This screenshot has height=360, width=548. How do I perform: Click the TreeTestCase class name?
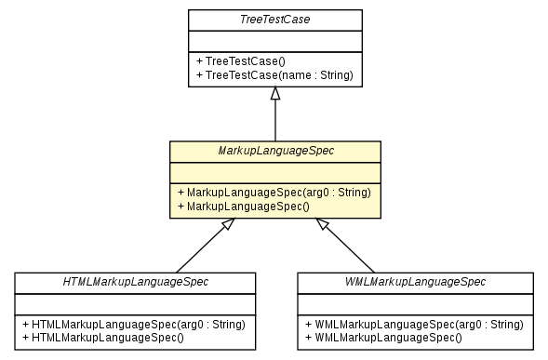[x=274, y=20]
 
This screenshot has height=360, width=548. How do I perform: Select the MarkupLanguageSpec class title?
[x=274, y=151]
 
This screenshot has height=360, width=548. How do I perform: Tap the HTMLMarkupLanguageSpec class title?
[x=135, y=282]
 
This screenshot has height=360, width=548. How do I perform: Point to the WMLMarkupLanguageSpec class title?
[x=415, y=282]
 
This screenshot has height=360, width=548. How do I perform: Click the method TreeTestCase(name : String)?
[x=274, y=74]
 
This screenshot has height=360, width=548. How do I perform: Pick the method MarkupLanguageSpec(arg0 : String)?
[x=274, y=192]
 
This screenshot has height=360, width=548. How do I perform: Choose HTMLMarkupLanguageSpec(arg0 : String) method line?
[x=135, y=324]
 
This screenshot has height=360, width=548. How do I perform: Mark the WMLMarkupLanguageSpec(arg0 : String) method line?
[x=415, y=324]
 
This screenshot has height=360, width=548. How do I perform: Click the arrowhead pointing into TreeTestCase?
[x=274, y=94]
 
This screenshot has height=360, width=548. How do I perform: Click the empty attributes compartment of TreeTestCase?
[x=274, y=40]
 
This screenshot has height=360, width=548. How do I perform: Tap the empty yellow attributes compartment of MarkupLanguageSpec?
[x=274, y=171]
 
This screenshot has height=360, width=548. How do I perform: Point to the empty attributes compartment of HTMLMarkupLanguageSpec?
[x=135, y=302]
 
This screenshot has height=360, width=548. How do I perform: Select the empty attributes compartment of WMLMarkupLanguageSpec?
[x=415, y=302]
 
